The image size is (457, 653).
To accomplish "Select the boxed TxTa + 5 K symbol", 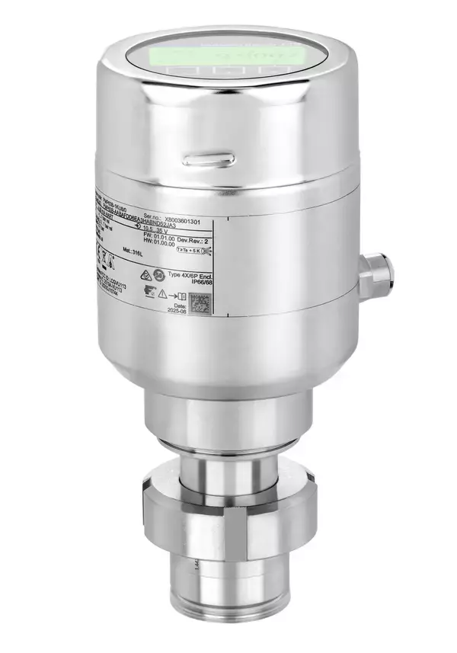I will coord(193,249).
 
